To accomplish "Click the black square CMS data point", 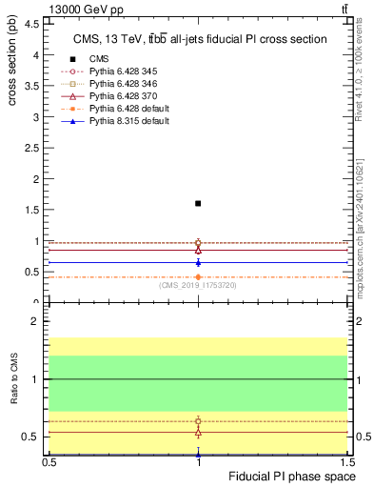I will coord(198,203).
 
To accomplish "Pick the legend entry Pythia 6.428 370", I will coord(114,96).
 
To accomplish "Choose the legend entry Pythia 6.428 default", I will coord(118,109).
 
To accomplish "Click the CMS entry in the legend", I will coord(99,59).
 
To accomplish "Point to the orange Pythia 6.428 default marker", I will coord(198,276).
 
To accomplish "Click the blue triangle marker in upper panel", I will coord(198,262).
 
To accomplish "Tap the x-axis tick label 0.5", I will coord(49,462).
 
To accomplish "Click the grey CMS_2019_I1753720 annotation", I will coord(198,285).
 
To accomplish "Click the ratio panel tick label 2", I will coord(36,322).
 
